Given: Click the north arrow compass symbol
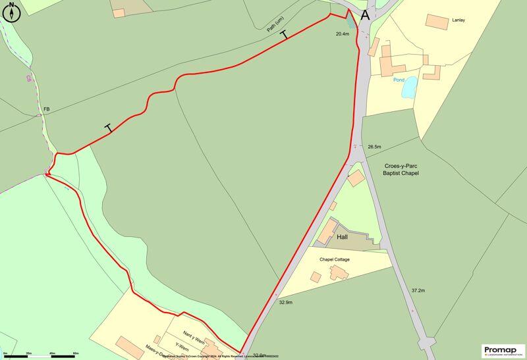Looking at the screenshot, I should pos(11,13).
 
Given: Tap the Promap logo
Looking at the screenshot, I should pos(504,351).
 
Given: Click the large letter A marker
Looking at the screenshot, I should pos(365,15).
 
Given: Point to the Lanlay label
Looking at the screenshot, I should pos(458,20).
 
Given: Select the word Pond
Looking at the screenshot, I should pos(399,80).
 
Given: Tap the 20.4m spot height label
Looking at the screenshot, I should pos(342,34).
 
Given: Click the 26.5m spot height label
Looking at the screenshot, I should pos(375,146).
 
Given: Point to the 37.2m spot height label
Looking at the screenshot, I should pos(418,290).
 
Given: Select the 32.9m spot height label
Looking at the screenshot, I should pos(285,303).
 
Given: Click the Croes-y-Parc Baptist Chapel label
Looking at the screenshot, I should pos(401,169).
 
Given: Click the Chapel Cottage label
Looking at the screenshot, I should pos(335,260).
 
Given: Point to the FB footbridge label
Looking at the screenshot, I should pos(46,109).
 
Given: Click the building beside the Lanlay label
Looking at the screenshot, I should pos(437,21).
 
